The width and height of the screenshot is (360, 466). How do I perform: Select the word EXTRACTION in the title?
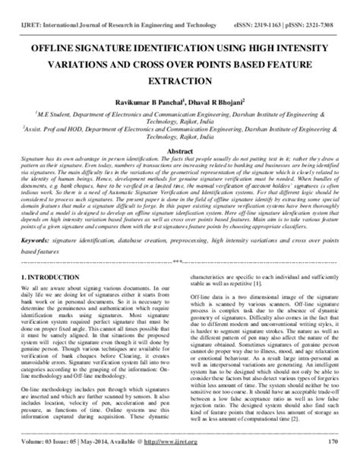(x=180, y=78)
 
